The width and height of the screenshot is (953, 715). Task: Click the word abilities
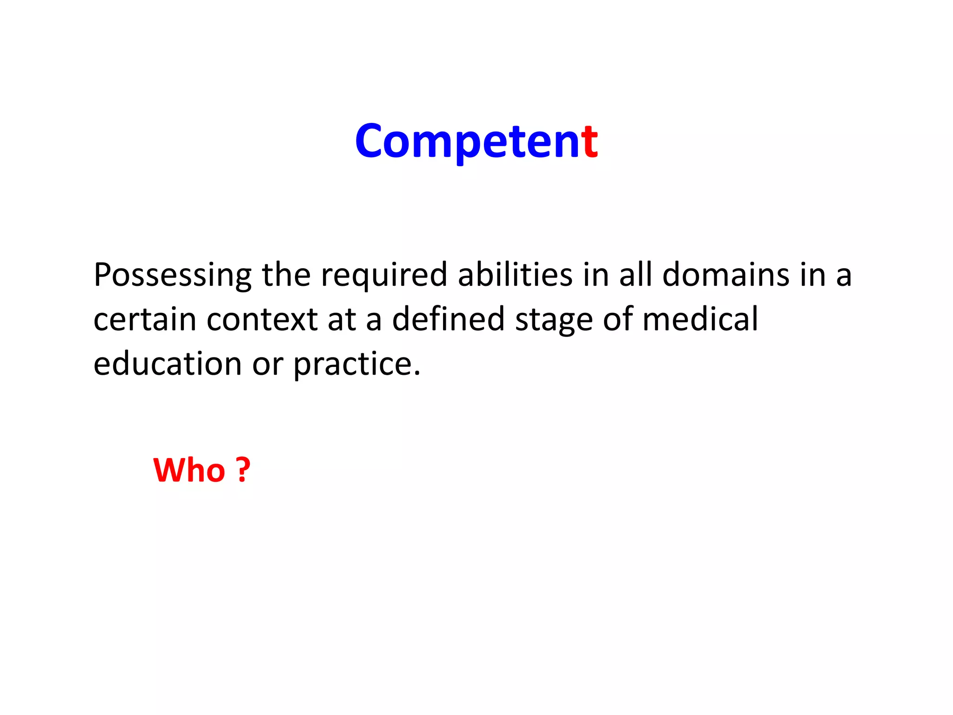tap(515, 275)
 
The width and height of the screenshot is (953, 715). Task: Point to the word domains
tap(725, 275)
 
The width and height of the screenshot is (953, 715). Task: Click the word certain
tap(145, 319)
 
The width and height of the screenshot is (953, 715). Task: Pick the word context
tap(262, 319)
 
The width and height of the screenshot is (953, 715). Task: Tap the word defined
tap(448, 319)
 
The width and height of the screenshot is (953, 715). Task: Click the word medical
tap(700, 319)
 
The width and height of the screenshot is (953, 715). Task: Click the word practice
tap(352, 364)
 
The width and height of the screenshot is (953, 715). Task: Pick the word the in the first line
tap(286, 275)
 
